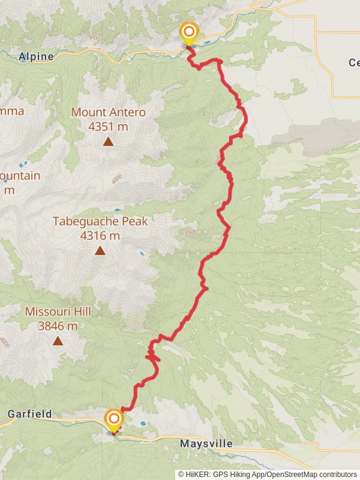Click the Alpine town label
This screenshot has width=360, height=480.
[37, 56]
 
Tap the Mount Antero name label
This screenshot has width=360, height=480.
[108, 112]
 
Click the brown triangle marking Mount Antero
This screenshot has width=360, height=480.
[108, 142]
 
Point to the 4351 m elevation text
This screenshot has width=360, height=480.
[108, 127]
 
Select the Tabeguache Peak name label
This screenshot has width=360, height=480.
[100, 221]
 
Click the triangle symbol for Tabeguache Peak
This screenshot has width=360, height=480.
[100, 251]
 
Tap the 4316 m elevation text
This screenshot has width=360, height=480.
[100, 236]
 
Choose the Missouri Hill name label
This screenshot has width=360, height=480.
[58, 312]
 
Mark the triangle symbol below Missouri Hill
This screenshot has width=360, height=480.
[58, 341]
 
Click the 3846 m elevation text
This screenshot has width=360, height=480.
[58, 326]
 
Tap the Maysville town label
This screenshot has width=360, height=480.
[206, 445]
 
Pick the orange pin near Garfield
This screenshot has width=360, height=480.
[113, 419]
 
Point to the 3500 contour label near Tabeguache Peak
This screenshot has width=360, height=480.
[191, 232]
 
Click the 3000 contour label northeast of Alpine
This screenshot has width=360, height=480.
[93, 38]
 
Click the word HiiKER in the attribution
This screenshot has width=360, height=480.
[197, 474]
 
